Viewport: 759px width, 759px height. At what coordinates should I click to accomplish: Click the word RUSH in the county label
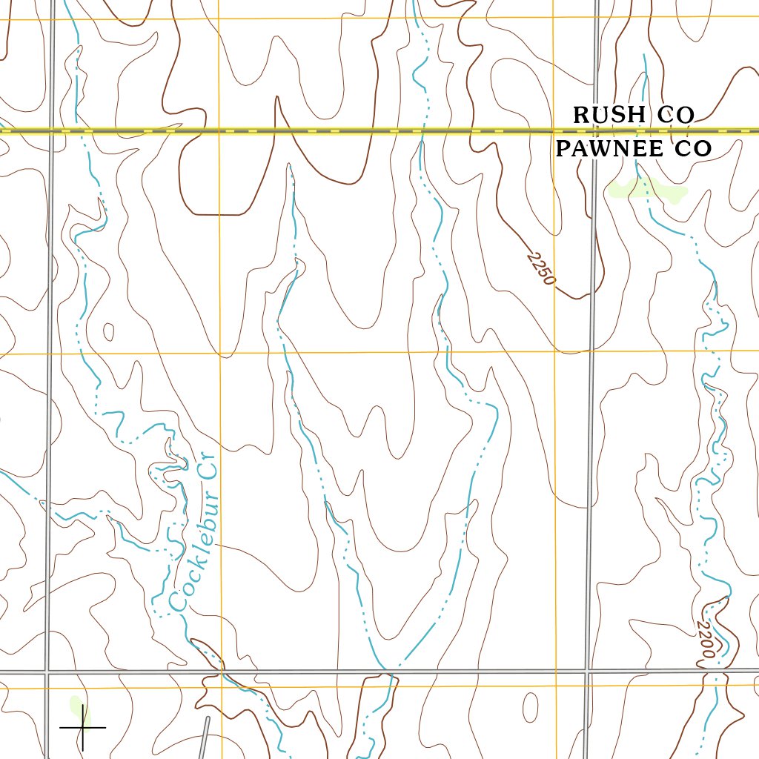(x=609, y=115)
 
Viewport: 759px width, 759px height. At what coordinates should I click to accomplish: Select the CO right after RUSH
(x=674, y=115)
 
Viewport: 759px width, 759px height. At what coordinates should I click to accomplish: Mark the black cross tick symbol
(x=82, y=728)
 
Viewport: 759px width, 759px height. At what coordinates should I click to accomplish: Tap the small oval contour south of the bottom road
(x=530, y=707)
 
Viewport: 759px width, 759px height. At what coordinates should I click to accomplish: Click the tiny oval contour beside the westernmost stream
(x=109, y=331)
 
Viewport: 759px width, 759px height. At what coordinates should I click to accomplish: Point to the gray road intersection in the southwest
(x=47, y=673)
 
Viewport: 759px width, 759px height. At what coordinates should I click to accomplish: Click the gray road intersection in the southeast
(x=588, y=672)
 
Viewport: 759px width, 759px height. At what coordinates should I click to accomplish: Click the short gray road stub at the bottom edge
(x=206, y=737)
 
